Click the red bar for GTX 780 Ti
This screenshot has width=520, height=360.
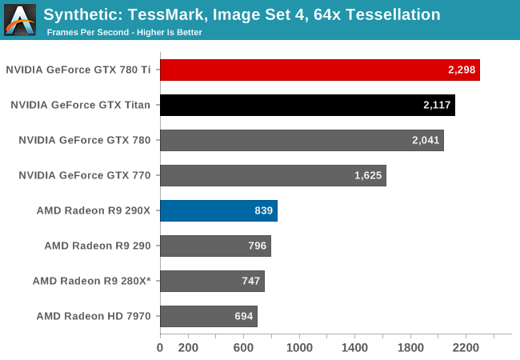point(319,70)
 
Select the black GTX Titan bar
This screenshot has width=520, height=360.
point(307,105)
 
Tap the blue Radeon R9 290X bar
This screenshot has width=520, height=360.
point(218,211)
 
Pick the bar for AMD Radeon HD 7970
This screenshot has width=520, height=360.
point(208,316)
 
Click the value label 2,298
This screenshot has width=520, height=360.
point(462,70)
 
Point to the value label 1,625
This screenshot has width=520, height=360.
point(368,176)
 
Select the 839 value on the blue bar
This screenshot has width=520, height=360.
point(261,211)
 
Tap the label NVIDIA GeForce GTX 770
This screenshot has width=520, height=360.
point(85,175)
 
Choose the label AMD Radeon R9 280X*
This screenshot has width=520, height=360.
point(91,281)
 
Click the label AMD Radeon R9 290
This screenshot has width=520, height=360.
point(98,246)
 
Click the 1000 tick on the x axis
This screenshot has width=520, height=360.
point(299,348)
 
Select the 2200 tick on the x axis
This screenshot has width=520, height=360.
point(466,348)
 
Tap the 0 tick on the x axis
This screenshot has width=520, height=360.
point(160,348)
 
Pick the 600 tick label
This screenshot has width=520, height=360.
point(243,348)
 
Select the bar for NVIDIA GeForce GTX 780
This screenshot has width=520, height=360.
point(302,140)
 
